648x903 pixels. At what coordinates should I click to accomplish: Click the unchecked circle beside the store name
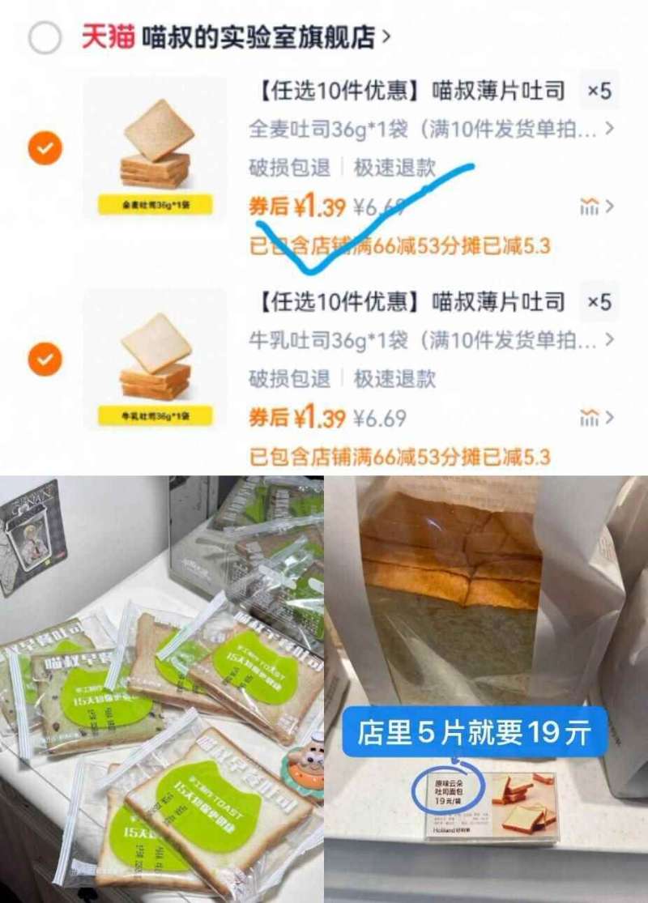(45, 37)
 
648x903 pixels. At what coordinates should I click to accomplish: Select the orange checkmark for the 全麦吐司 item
(45, 148)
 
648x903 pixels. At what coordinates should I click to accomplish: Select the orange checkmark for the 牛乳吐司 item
(45, 359)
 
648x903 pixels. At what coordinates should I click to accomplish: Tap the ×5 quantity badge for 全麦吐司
(599, 91)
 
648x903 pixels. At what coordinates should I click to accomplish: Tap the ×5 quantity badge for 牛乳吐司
(599, 302)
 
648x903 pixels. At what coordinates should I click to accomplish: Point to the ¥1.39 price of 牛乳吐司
(319, 419)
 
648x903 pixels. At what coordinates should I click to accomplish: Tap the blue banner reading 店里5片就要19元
(474, 734)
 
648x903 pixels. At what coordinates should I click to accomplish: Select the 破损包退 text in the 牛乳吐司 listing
(289, 378)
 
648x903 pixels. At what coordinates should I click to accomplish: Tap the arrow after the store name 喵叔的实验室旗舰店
(386, 37)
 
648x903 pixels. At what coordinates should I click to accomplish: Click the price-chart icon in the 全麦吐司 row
(590, 207)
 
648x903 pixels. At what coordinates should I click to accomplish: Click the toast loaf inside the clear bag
(450, 559)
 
